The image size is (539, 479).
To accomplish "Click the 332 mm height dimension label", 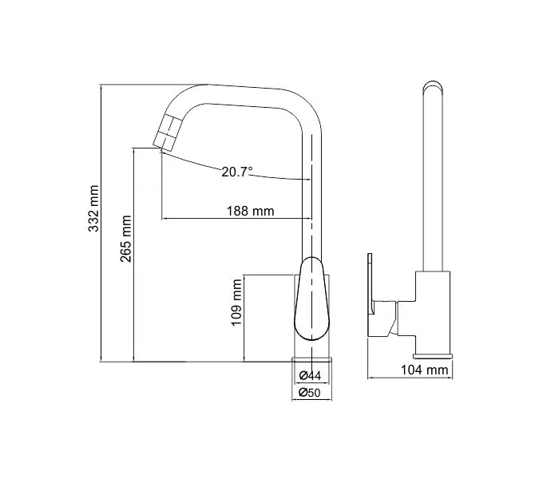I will click(93, 209).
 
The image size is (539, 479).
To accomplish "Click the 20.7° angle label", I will click(237, 171).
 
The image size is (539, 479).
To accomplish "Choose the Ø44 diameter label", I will click(310, 375).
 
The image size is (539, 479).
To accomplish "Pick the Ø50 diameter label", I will click(310, 392).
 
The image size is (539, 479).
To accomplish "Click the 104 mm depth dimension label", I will click(423, 370).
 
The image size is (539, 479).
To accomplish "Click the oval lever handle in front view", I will click(310, 299).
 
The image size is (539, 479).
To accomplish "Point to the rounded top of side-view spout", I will click(431, 86).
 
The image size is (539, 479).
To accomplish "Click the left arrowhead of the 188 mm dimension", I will click(164, 219).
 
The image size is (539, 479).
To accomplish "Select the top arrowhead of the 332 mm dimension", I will click(101, 86).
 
